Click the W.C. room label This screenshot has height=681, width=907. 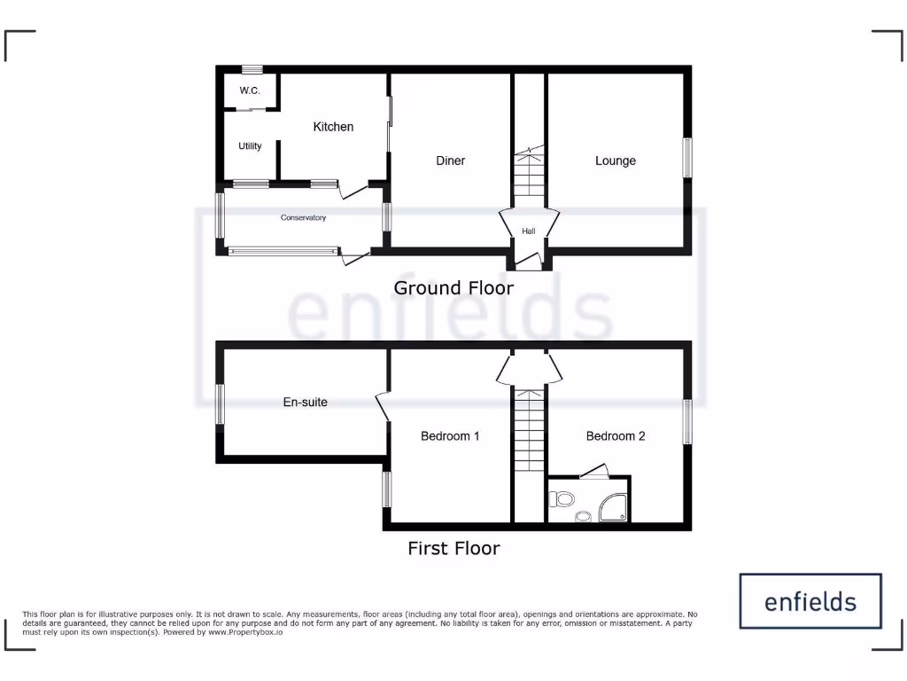pyautogui.click(x=249, y=91)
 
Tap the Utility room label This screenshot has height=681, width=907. pyautogui.click(x=250, y=145)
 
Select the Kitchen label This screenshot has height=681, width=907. pyautogui.click(x=333, y=127)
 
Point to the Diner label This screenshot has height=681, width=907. pyautogui.click(x=450, y=160)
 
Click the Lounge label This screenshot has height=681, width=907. pyautogui.click(x=615, y=160)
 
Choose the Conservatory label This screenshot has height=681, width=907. pyautogui.click(x=303, y=218)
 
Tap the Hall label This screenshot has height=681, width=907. pyautogui.click(x=529, y=231)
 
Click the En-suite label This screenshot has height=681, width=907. pyautogui.click(x=305, y=402)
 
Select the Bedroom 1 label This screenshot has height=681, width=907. pyautogui.click(x=450, y=435)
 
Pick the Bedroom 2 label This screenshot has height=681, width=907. pyautogui.click(x=615, y=435)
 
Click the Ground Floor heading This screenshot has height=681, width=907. pyautogui.click(x=453, y=287)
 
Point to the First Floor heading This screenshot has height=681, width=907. pyautogui.click(x=453, y=548)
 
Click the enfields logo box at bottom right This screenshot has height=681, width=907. pyautogui.click(x=810, y=601)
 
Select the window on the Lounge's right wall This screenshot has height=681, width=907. pyautogui.click(x=687, y=159)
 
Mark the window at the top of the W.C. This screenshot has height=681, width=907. pyautogui.click(x=252, y=69)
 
